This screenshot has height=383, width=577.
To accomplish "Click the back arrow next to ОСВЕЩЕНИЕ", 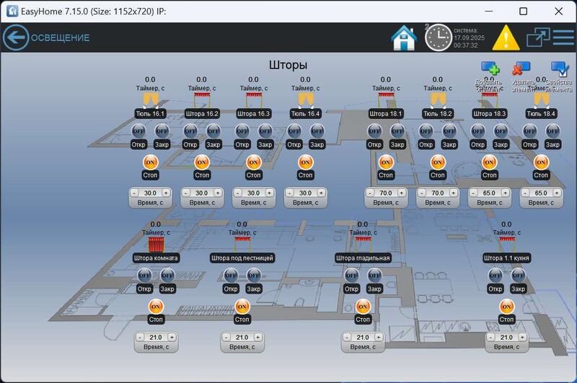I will point(15,38).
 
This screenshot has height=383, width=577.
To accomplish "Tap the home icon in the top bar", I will point(403,38).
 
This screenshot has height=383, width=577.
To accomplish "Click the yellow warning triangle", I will point(506,37).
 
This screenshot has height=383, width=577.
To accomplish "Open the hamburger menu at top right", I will point(563,37).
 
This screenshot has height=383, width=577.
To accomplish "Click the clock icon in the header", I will point(438,38).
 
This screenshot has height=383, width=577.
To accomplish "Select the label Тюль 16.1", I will point(150,113).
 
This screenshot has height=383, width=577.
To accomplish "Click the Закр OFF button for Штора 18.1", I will point(397,131).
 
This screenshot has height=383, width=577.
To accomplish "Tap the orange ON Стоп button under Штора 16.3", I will point(253,162).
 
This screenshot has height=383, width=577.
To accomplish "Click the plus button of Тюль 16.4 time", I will point(321,193).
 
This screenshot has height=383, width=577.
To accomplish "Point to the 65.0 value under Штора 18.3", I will point(490,193).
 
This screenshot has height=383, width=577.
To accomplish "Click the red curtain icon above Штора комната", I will point(156,244).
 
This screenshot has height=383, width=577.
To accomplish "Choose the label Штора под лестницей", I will point(242,257).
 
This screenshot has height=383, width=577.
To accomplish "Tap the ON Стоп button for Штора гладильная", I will point(363,307).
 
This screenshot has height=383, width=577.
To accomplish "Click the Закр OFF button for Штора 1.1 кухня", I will point(518,275).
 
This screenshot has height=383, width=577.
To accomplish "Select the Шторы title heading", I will point(288,65).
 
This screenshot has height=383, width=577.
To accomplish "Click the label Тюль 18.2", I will point(438,113).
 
